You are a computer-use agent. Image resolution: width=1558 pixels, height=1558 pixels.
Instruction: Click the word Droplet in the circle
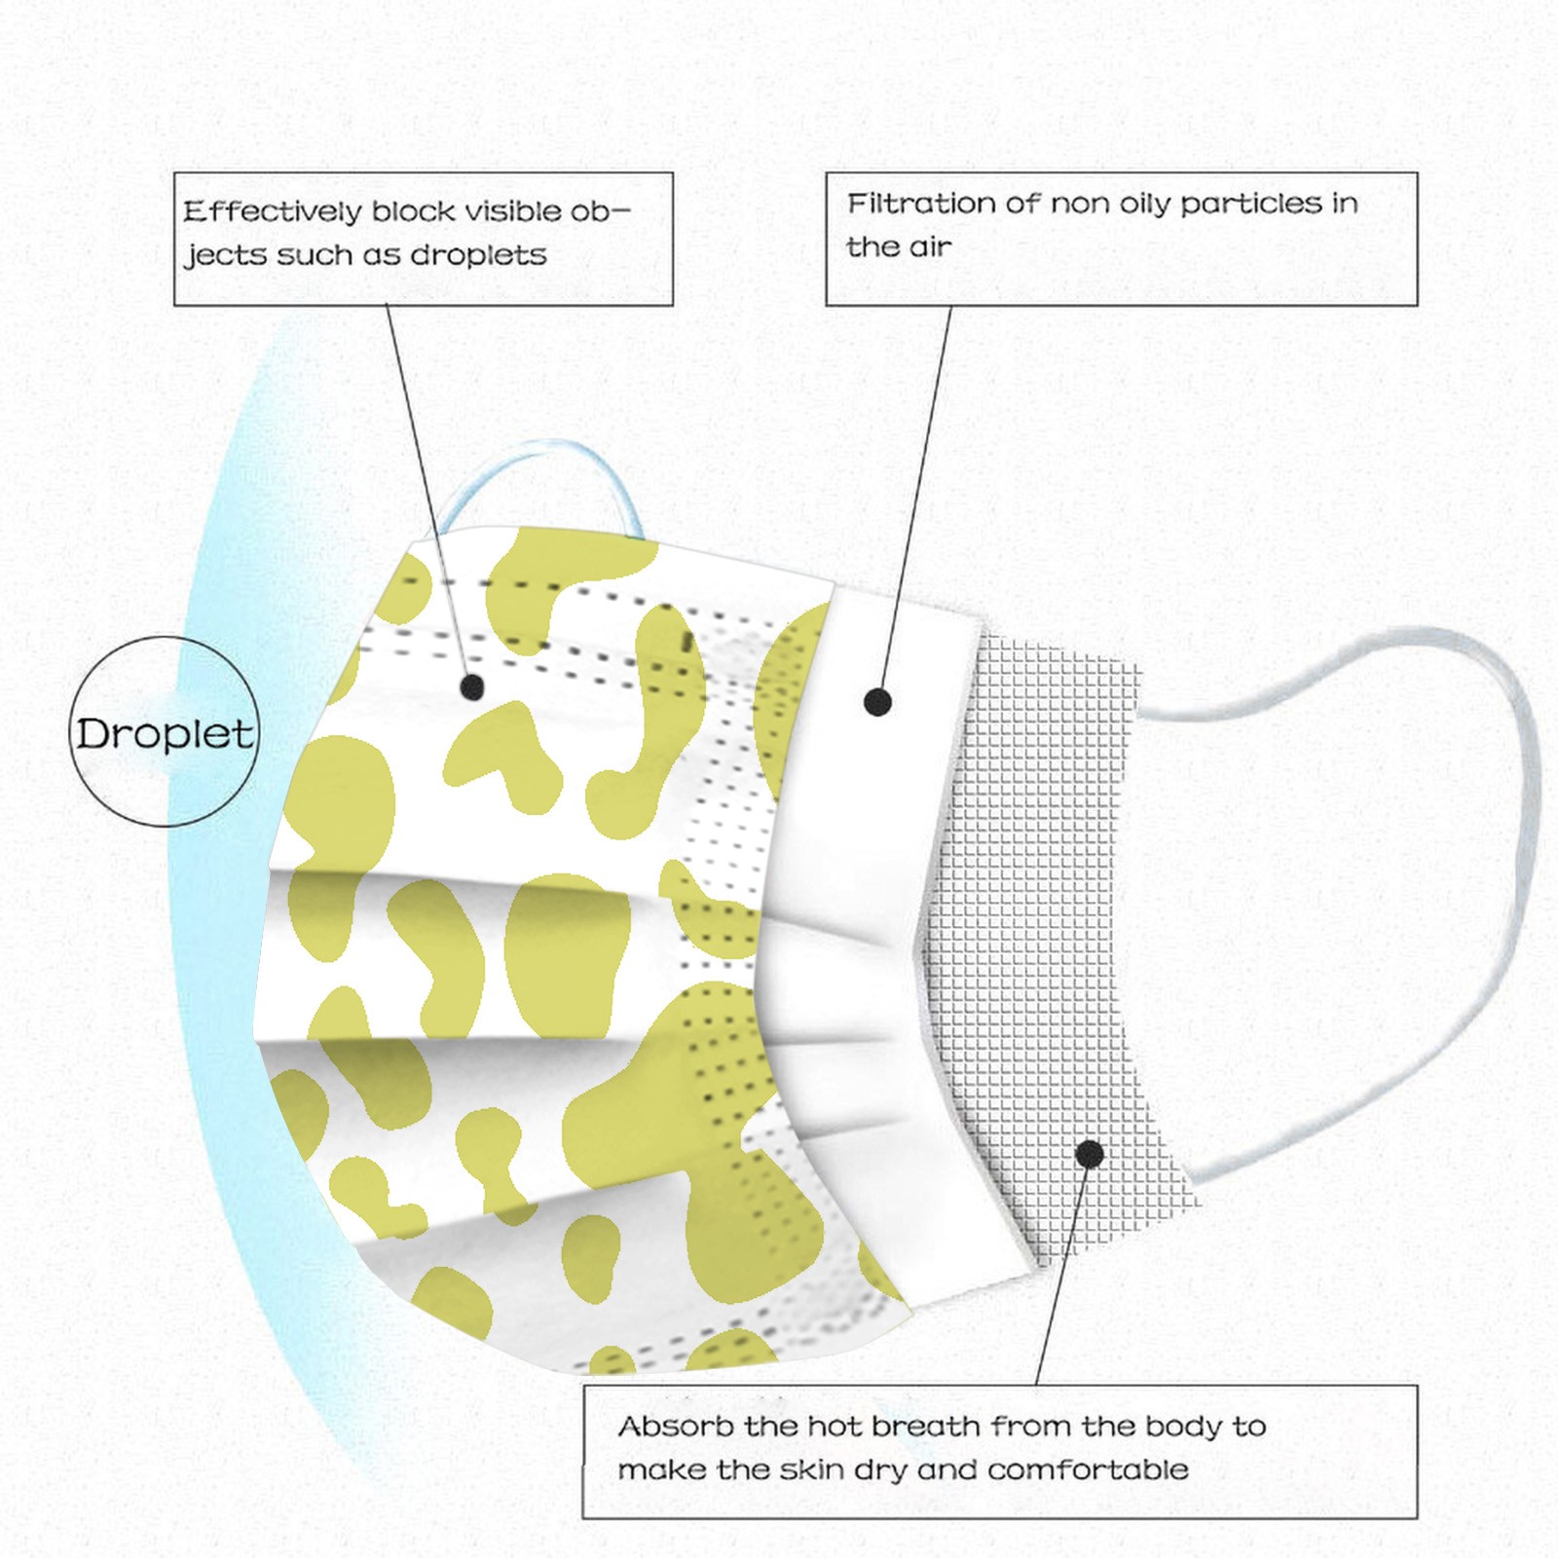click(x=165, y=733)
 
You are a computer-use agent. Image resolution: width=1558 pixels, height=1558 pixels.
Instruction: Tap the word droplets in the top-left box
click(x=478, y=255)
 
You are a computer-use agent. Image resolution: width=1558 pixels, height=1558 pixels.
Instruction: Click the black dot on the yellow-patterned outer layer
click(x=472, y=687)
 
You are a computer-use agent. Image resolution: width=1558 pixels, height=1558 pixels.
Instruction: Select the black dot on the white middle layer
click(x=877, y=701)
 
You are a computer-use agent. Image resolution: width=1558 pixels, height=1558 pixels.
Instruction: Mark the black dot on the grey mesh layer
click(x=1090, y=1155)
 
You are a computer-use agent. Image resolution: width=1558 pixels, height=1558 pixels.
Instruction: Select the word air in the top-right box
click(x=930, y=247)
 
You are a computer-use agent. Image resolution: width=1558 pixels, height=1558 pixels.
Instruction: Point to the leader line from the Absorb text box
click(x=1063, y=1270)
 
